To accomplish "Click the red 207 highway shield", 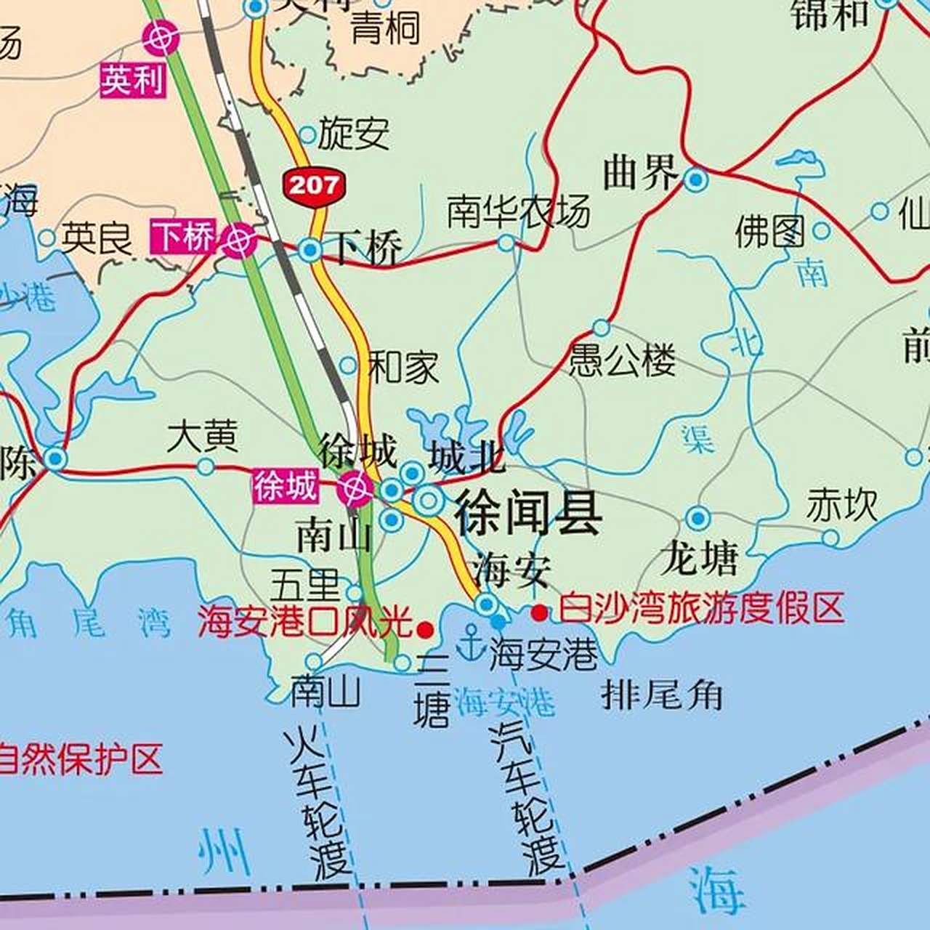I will (x=313, y=186).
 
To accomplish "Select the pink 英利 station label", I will (x=133, y=79).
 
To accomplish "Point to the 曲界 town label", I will (x=640, y=174).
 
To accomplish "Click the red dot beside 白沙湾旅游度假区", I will (x=539, y=612).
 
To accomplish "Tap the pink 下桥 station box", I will (x=184, y=237).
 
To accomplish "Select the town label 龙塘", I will (x=699, y=558).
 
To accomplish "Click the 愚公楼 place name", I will (x=622, y=360).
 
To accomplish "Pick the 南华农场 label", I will (x=518, y=212).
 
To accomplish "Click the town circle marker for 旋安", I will (x=308, y=134).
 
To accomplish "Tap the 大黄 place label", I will (x=203, y=437).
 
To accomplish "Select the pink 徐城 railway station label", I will (x=286, y=486).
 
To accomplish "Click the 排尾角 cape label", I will (x=662, y=695).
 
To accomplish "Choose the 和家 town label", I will (x=403, y=367).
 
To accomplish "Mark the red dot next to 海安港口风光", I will (x=425, y=628).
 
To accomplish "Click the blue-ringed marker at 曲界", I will (x=697, y=179).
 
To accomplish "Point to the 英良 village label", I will (x=97, y=238).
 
